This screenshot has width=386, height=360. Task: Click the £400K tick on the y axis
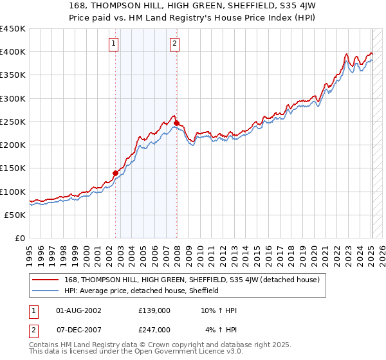[x=12, y=52]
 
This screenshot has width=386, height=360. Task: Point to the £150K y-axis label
[x=12, y=168]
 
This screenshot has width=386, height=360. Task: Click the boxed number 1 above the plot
[x=114, y=44]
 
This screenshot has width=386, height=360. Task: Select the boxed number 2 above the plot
[x=174, y=44]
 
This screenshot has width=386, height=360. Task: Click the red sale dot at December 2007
[x=177, y=123]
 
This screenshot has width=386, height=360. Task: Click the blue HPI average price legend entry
[x=142, y=291]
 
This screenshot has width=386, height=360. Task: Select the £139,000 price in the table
[x=154, y=310]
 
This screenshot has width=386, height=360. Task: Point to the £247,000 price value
[x=154, y=329]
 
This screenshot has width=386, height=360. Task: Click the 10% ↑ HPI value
[x=219, y=310]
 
